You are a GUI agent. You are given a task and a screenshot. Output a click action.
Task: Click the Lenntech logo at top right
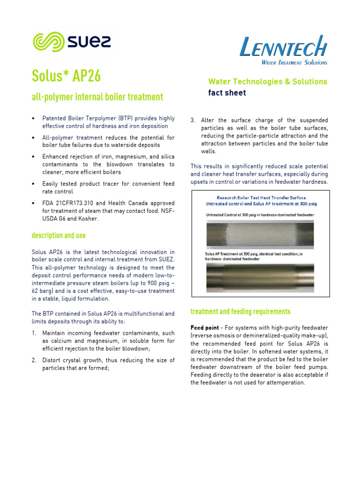(283, 49)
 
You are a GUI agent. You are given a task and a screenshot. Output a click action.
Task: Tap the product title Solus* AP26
(66, 75)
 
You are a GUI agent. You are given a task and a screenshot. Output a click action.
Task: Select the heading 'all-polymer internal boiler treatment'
(97, 97)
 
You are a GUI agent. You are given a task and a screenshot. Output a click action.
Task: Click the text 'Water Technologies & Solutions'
(267, 82)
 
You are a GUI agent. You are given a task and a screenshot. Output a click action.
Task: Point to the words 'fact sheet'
(227, 93)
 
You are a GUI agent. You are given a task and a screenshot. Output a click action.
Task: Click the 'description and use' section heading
(59, 235)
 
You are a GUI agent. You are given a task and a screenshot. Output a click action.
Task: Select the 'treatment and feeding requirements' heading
(240, 312)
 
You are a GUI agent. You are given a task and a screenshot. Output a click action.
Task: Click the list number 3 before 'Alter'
(193, 120)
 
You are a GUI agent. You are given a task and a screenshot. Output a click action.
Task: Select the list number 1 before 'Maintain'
(34, 333)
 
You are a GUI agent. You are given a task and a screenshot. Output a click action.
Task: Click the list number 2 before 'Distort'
(34, 360)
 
